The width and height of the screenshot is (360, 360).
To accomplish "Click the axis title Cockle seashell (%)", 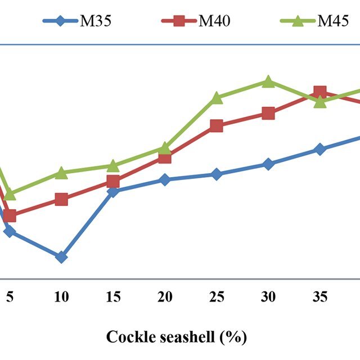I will (177, 337).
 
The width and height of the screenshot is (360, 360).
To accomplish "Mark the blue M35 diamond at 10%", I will (61, 257).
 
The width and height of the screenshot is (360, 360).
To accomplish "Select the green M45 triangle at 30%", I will (268, 82).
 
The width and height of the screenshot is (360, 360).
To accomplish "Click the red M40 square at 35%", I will (320, 92).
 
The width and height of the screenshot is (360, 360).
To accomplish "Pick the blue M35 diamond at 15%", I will (113, 191).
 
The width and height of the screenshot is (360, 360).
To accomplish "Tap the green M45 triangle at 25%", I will (217, 98).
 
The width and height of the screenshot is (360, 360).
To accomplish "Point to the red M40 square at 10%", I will (61, 199).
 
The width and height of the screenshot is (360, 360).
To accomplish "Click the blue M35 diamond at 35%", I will (320, 149).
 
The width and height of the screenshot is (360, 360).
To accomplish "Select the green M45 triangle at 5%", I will (10, 193).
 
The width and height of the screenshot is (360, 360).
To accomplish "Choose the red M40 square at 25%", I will (217, 125).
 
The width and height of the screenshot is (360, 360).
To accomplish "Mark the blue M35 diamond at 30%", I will (268, 164).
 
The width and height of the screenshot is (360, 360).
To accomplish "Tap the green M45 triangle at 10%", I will (61, 173).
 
